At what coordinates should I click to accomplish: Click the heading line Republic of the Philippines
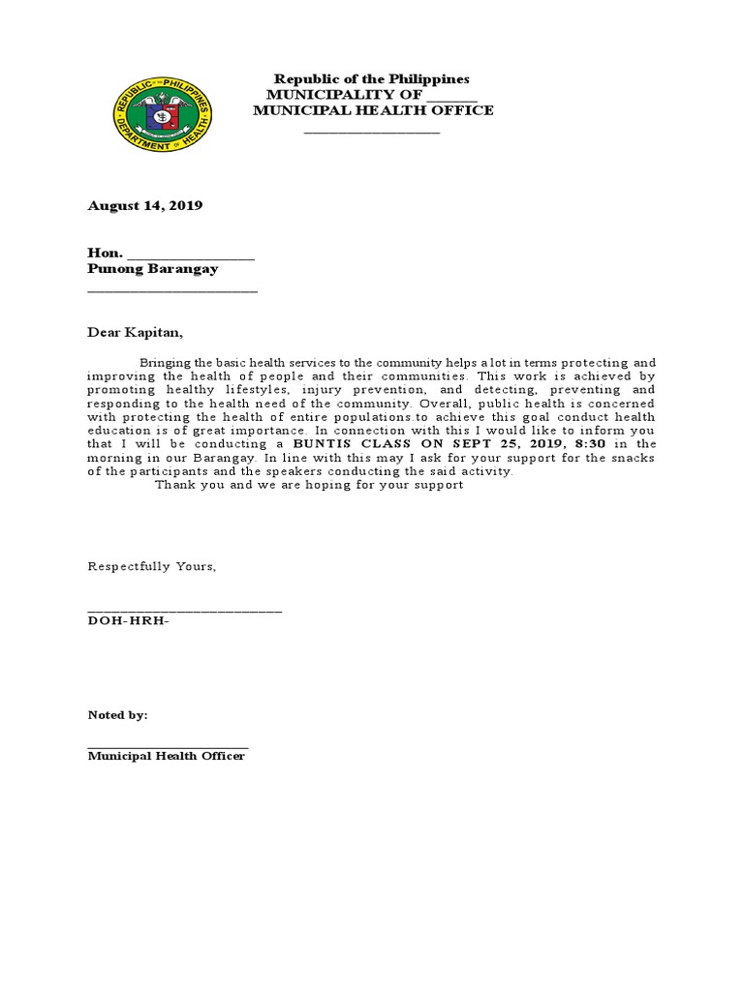click(x=371, y=78)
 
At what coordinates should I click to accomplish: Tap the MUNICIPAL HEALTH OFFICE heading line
click(x=373, y=110)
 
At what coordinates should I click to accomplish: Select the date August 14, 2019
click(x=145, y=206)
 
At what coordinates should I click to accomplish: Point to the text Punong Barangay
click(x=153, y=269)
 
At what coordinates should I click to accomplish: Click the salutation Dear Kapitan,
click(x=135, y=332)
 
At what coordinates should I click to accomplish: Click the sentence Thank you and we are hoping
click(x=309, y=485)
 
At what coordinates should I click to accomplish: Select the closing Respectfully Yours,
click(x=152, y=566)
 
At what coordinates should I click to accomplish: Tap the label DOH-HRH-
click(x=128, y=620)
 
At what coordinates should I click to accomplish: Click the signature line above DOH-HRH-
click(x=184, y=610)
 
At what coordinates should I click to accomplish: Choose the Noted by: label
click(x=117, y=715)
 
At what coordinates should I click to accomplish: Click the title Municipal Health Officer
click(x=167, y=756)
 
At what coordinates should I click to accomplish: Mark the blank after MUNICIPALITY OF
click(x=451, y=96)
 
